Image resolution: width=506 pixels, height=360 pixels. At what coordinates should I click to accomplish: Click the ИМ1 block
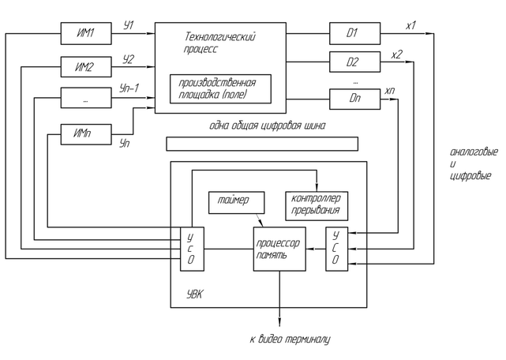(85, 35)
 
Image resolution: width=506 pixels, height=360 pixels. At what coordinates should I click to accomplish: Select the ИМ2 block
(85, 67)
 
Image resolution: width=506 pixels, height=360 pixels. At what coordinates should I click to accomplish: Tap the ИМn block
(85, 134)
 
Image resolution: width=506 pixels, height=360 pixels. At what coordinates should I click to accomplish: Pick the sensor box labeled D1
(353, 34)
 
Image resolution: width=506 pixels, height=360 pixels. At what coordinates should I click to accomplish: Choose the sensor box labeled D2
(353, 62)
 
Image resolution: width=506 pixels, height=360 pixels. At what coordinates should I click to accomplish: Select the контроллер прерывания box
(314, 204)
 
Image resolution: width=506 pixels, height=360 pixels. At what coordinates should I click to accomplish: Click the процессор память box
(279, 248)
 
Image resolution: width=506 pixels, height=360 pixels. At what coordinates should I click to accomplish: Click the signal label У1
(129, 26)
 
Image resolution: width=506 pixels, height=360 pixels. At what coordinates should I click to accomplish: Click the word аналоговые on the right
(470, 152)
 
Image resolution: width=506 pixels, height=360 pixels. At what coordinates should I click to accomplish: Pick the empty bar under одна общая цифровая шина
(261, 144)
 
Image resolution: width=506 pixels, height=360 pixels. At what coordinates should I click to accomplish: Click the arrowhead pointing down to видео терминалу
(279, 319)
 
